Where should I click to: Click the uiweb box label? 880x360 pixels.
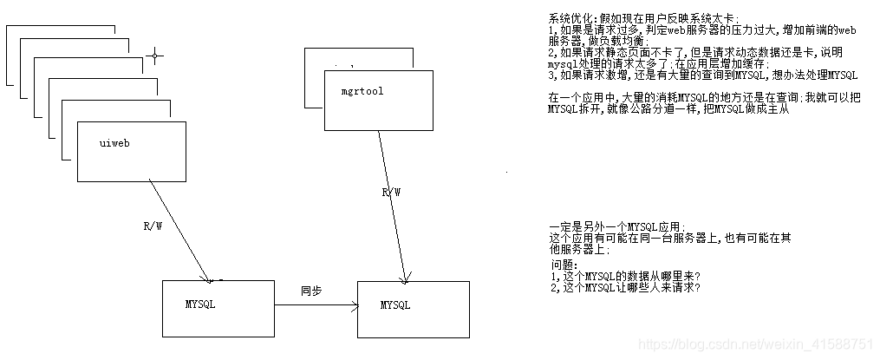point(115,141)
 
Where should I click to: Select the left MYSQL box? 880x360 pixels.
point(218,309)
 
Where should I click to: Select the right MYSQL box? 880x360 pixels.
point(413,309)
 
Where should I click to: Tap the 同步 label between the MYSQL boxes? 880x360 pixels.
point(311,291)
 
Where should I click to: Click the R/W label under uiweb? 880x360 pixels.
point(153,226)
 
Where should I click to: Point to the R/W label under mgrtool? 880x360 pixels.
point(391,193)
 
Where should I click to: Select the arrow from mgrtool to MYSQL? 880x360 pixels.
point(391,208)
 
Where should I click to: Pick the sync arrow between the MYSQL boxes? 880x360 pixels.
point(316,305)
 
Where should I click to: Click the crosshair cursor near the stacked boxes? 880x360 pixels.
point(155,56)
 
